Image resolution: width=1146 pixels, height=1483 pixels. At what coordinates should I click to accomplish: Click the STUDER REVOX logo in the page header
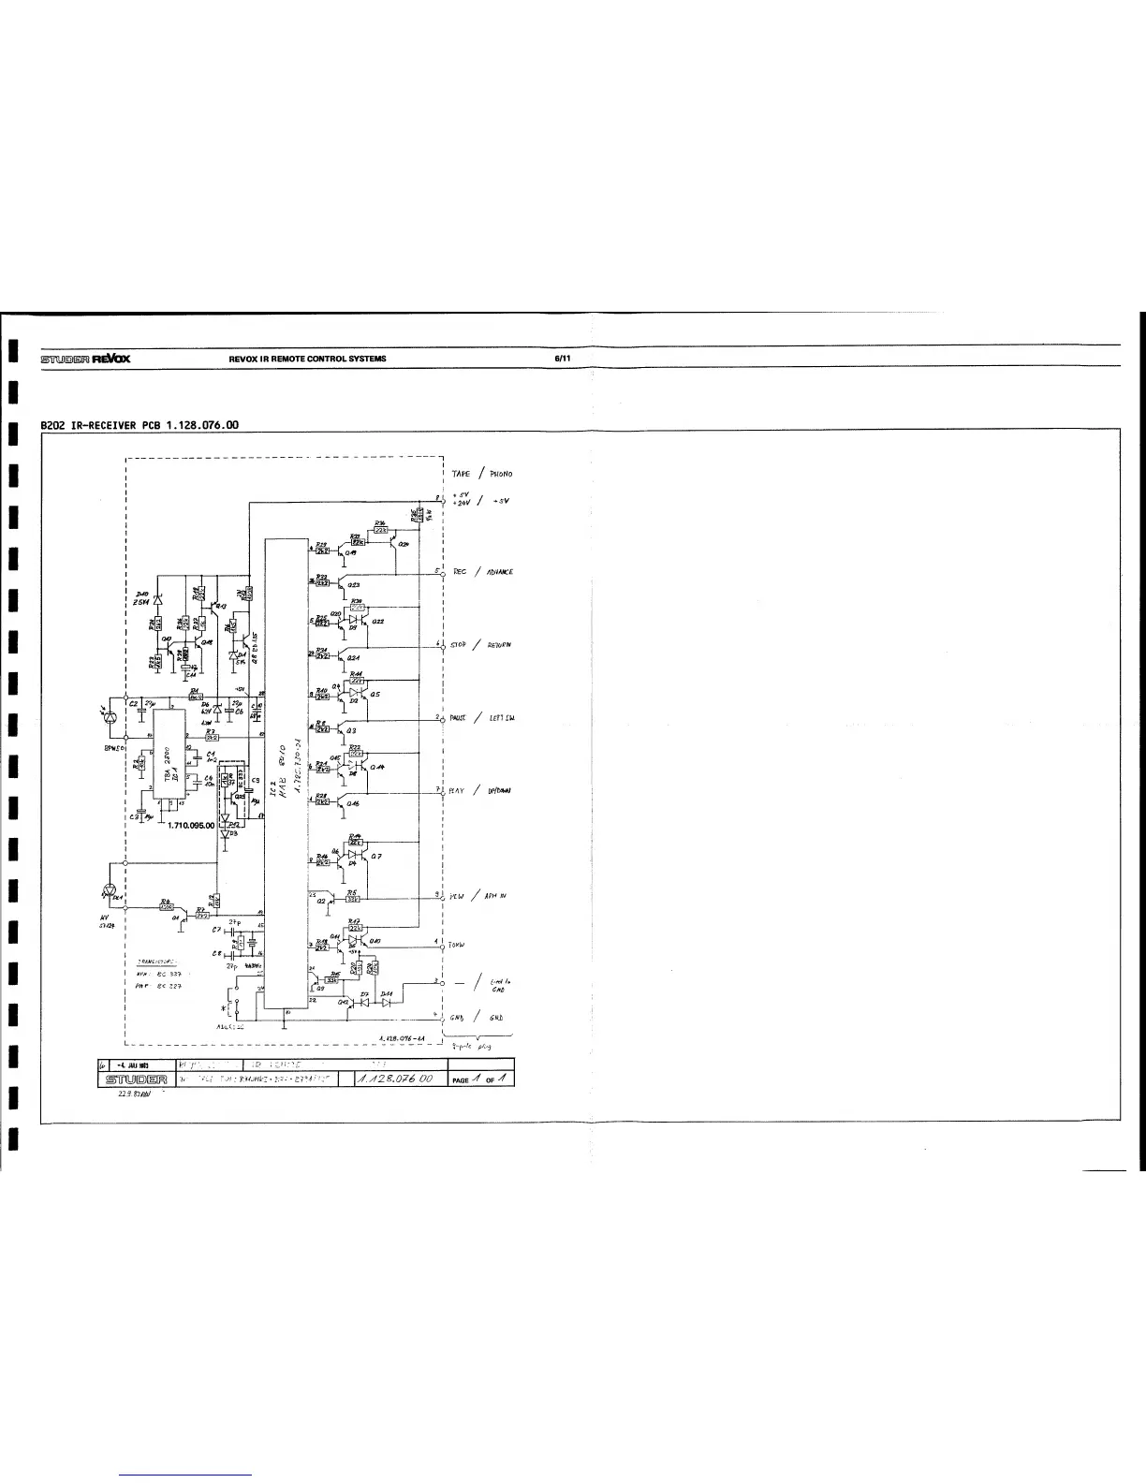[x=85, y=359]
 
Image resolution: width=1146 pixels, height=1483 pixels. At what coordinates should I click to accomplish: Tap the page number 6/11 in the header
[x=565, y=359]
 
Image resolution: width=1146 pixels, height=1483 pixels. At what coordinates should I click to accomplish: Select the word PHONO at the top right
[x=498, y=474]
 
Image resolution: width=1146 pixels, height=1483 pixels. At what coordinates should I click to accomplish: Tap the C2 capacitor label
[x=134, y=704]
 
